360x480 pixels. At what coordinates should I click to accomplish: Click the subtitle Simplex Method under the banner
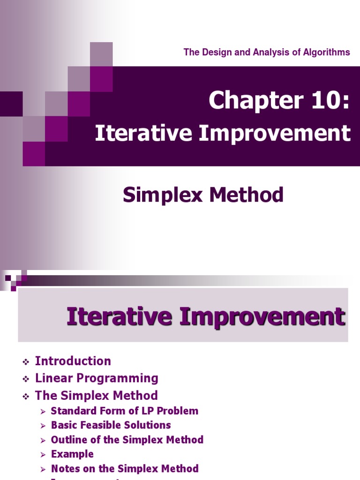tap(203, 195)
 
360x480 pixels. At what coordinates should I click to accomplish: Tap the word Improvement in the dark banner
tap(275, 133)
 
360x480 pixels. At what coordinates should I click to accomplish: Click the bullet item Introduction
tap(73, 361)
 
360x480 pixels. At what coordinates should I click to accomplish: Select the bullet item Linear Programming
tap(97, 378)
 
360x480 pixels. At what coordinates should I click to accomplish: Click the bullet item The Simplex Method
tap(96, 395)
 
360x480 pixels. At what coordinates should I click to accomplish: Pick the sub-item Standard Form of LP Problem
tap(124, 411)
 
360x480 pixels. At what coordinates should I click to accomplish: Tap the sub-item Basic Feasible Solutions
tap(111, 425)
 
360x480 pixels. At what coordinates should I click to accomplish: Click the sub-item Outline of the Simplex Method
tap(127, 440)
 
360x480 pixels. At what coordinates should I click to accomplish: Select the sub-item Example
tap(72, 454)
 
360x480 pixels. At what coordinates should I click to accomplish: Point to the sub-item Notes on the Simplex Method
tap(125, 468)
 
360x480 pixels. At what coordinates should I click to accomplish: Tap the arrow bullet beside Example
tap(43, 455)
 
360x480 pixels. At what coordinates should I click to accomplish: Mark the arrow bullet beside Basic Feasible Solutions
tap(43, 426)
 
